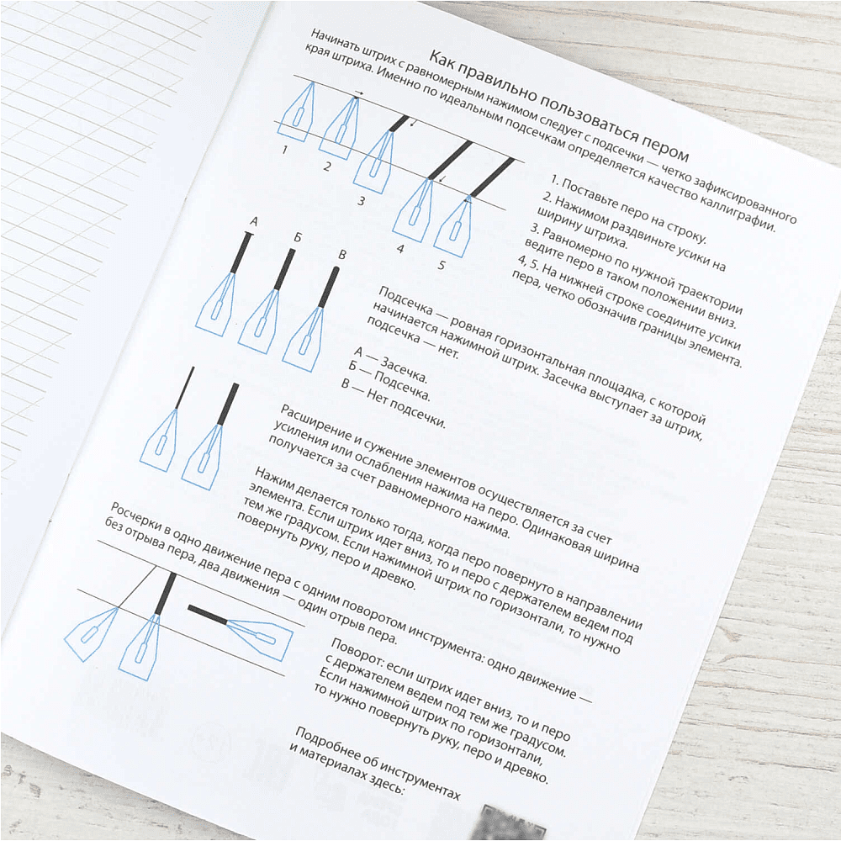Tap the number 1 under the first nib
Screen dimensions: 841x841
click(285, 150)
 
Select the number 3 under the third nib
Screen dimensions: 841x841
click(362, 201)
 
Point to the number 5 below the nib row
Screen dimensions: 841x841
click(442, 265)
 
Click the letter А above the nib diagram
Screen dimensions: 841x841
click(254, 221)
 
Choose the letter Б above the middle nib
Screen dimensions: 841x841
click(298, 238)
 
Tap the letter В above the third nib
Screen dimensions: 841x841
click(342, 255)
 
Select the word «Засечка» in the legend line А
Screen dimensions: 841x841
click(404, 370)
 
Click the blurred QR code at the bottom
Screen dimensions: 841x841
click(509, 822)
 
